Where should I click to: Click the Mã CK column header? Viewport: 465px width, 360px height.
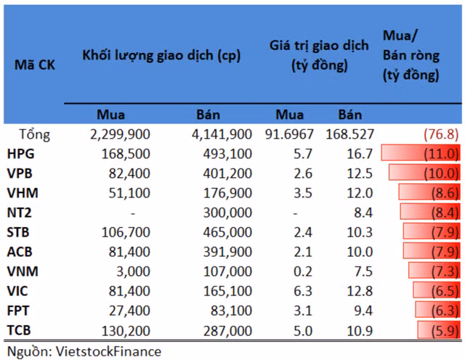tap(35, 65)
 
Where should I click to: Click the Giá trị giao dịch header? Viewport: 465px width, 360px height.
tap(315, 56)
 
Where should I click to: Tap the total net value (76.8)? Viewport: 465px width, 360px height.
tap(441, 134)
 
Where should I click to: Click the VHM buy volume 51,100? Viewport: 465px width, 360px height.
tap(130, 193)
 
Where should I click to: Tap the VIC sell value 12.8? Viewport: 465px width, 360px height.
tap(360, 291)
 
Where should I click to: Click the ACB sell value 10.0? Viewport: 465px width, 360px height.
tap(360, 252)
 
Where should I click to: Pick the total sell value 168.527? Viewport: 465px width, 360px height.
tap(352, 134)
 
